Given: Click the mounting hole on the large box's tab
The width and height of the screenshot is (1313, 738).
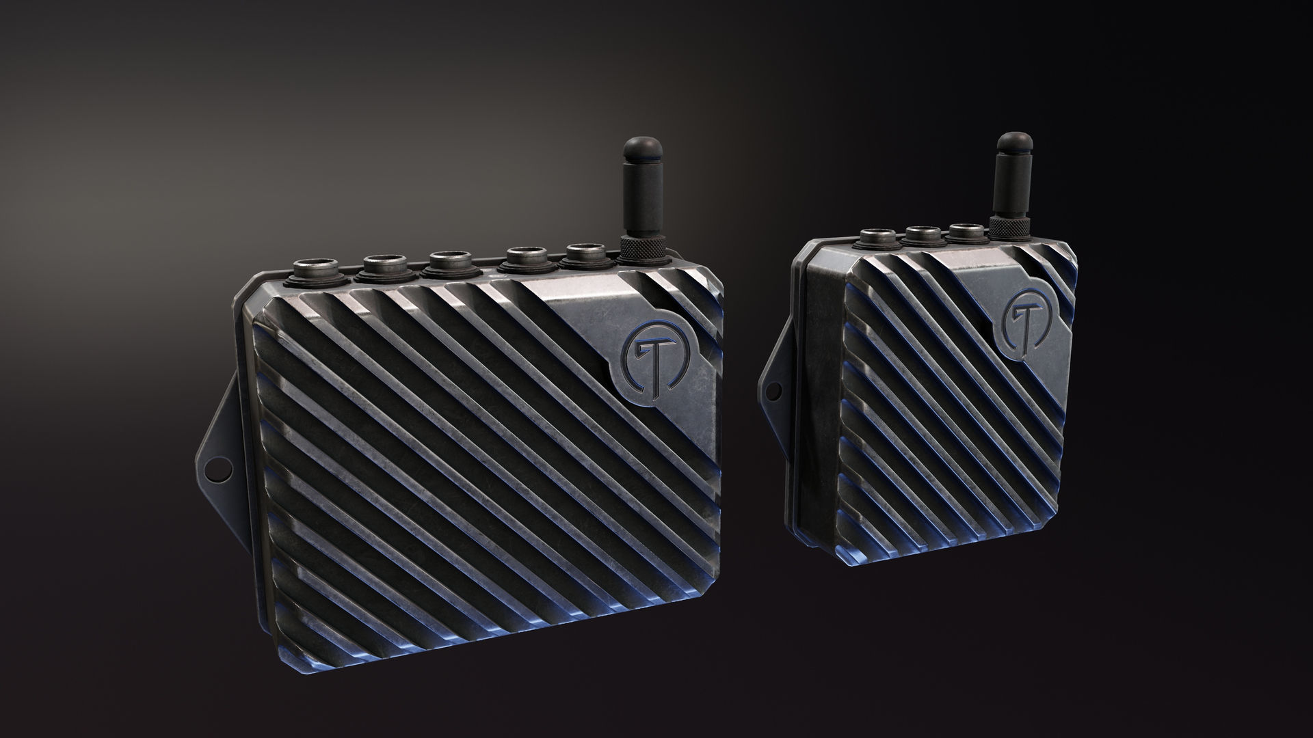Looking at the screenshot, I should tap(215, 471).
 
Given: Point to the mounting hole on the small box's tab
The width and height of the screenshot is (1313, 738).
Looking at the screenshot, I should tap(774, 391).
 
